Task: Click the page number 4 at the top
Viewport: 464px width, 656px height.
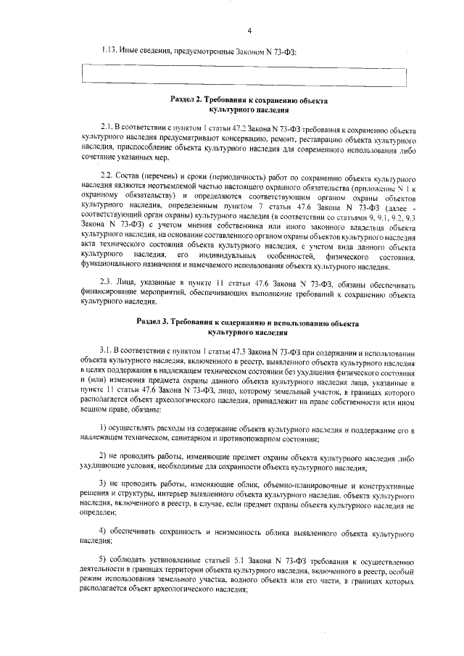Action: coord(249,30)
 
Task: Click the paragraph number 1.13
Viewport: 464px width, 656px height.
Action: coord(109,50)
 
